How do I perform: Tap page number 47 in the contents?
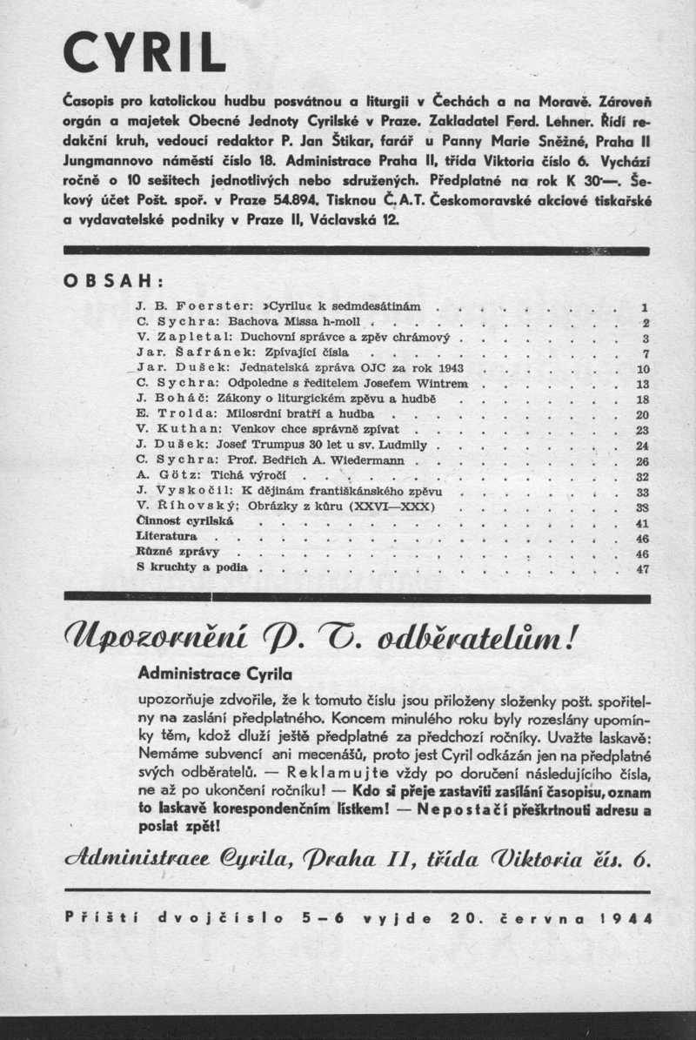tap(643, 569)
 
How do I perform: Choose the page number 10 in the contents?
tap(643, 369)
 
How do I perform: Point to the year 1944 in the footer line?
tap(626, 916)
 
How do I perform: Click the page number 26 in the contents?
tap(643, 461)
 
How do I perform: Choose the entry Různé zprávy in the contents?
tap(177, 554)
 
